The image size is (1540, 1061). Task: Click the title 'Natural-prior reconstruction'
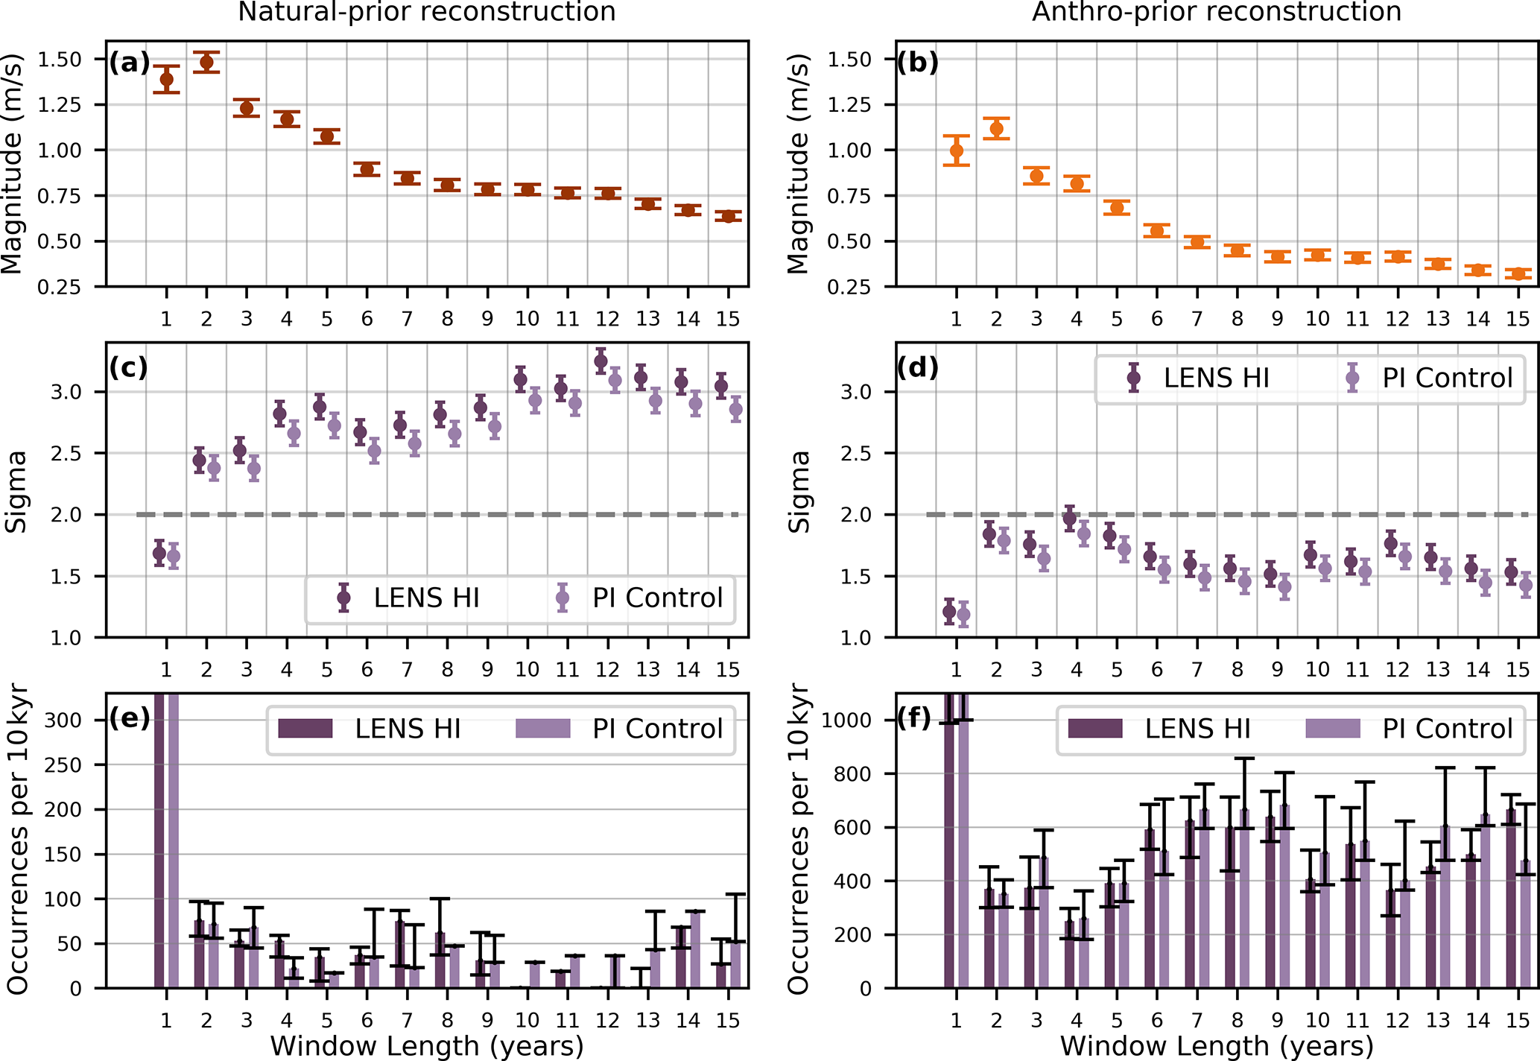coord(426,12)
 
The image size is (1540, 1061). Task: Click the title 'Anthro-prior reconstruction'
coord(1216,12)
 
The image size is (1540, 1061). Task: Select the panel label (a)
coord(129,63)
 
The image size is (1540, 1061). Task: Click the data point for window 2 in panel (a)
coord(206,62)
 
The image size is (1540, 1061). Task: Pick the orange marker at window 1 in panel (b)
coord(957,151)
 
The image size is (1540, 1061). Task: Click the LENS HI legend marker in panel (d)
coord(1134,378)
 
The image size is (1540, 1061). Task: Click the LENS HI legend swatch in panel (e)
coord(305,729)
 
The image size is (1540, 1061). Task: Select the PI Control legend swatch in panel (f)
coord(1333,729)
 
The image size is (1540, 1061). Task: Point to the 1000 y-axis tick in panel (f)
coord(847,720)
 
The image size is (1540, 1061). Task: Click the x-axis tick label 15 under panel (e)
coord(728,1021)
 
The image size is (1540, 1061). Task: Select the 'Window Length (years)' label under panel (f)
coord(1216,1046)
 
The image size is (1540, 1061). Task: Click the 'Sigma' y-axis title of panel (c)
coord(16,491)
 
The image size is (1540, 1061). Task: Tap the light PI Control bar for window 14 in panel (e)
coord(695,950)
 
